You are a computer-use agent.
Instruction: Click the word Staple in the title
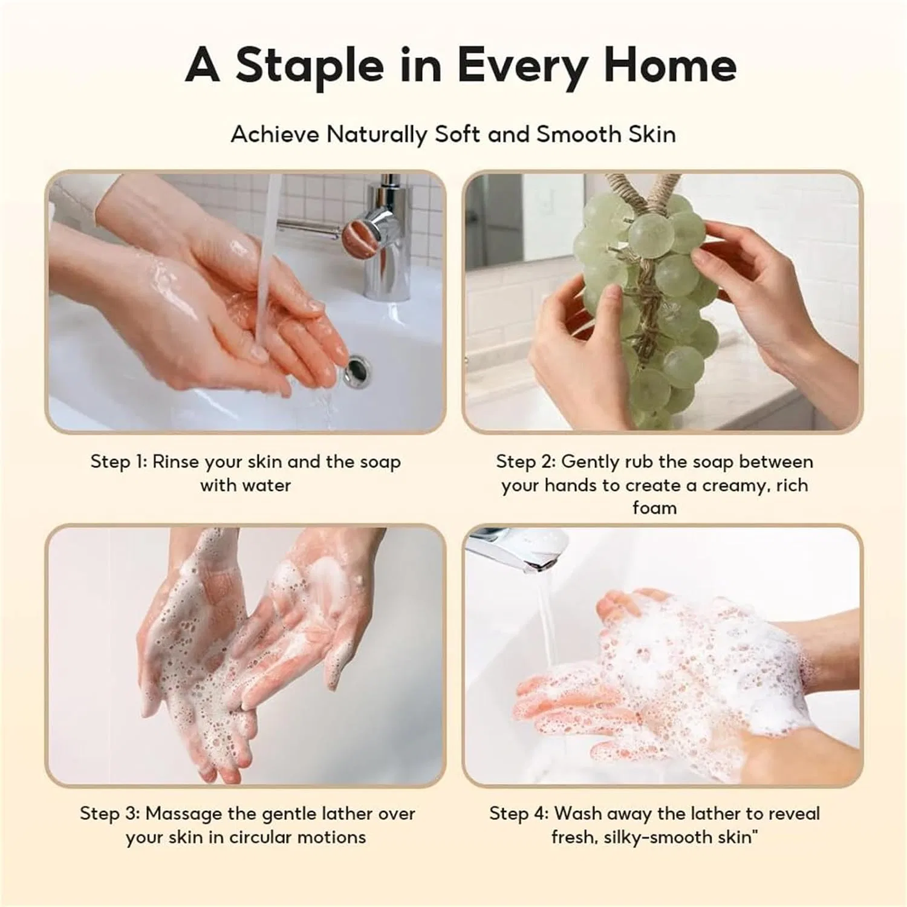pos(310,66)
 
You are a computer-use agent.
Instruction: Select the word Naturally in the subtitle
pos(377,135)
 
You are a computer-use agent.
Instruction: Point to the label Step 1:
pos(119,462)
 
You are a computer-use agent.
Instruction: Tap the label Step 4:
pos(519,814)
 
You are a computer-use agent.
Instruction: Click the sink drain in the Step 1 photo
pos(357,369)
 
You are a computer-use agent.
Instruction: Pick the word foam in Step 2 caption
pos(654,508)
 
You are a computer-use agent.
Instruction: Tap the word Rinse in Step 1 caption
pos(175,462)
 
